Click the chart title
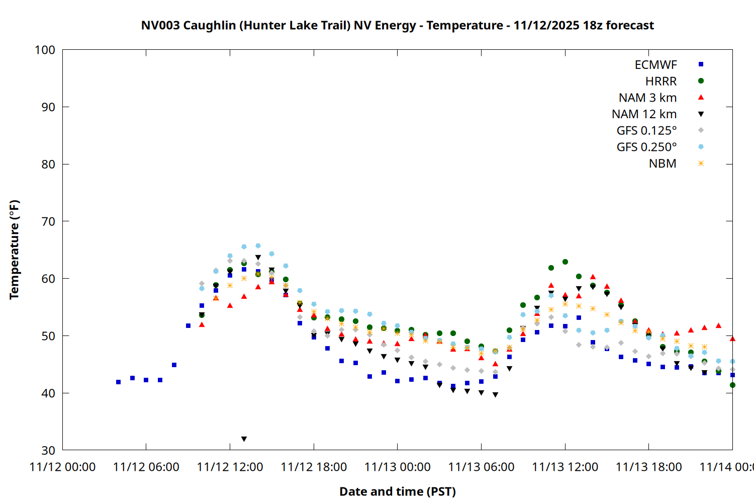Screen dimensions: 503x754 397,25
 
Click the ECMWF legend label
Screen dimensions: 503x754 655,65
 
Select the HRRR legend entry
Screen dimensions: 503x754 661,81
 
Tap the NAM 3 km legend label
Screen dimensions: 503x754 647,98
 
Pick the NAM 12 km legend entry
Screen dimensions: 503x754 644,114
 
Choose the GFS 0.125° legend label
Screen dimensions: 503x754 646,131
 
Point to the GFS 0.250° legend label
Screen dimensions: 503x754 646,147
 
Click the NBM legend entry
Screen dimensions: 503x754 663,163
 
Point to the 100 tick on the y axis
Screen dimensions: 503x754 45,50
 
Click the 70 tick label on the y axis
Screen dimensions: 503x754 48,221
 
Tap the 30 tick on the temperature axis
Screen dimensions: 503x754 48,450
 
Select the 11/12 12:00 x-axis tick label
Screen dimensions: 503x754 230,467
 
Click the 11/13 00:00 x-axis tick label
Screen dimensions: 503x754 397,467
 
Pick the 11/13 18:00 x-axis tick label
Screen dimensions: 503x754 648,467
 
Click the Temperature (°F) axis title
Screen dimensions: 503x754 14,249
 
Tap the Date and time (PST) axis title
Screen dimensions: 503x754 397,491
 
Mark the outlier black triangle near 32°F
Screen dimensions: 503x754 244,439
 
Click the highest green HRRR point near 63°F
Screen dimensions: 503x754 565,262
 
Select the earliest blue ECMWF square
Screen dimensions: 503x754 118,382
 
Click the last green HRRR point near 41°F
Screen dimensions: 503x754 732,385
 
